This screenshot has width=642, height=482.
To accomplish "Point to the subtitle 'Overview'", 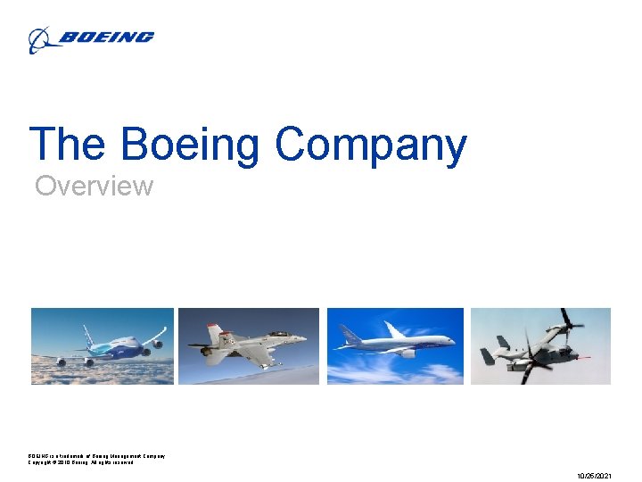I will (x=94, y=187).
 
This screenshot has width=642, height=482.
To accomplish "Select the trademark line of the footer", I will (x=96, y=456).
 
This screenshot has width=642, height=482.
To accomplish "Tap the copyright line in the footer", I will (x=80, y=462).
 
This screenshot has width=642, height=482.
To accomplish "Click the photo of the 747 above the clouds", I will (x=103, y=346).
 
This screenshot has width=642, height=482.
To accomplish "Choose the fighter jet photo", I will (x=249, y=346).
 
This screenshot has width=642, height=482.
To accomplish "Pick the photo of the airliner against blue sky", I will (x=395, y=346).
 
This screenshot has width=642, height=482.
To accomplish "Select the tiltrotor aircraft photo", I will (x=540, y=346).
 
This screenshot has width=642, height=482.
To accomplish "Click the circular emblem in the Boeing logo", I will (x=39, y=39).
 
